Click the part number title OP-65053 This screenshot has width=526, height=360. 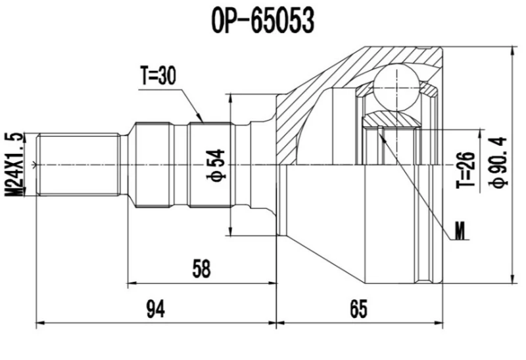click(x=262, y=20)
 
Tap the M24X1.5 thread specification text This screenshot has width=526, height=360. click(x=14, y=163)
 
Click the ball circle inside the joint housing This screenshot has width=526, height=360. click(x=396, y=83)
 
